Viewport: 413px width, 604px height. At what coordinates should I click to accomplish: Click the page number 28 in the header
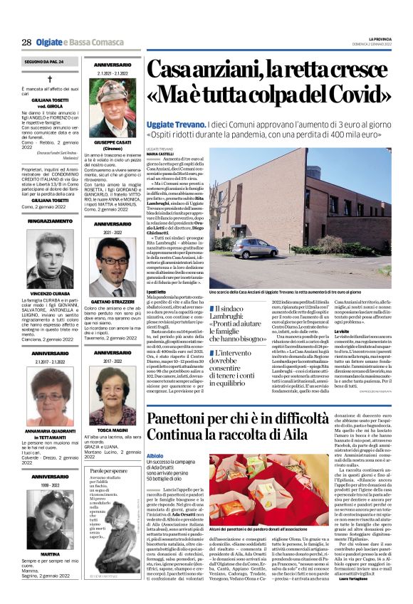pyautogui.click(x=26, y=42)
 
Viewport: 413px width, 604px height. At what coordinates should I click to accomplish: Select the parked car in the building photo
pyautogui.click(x=254, y=247)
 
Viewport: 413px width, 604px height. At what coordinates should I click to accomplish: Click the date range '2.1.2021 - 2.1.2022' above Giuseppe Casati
pyautogui.click(x=113, y=73)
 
